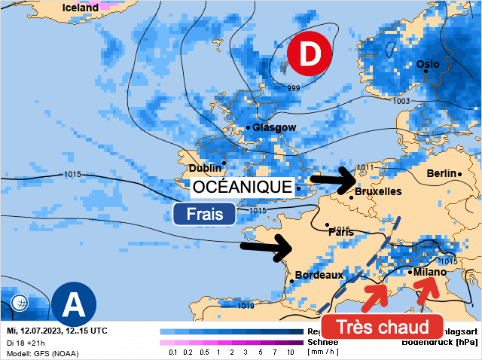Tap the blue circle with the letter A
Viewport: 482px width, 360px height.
click(74, 304)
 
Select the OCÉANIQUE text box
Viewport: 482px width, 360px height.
click(242, 186)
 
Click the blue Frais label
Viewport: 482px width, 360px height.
click(203, 213)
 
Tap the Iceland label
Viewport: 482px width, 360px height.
click(81, 8)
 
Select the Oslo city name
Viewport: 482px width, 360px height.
click(428, 64)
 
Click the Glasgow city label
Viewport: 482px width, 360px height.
click(274, 127)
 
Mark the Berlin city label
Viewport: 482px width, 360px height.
click(441, 173)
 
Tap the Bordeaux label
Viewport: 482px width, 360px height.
click(319, 275)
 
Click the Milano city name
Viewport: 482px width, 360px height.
click(430, 272)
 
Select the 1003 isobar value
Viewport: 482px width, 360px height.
click(401, 101)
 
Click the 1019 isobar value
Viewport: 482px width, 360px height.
click(246, 305)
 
